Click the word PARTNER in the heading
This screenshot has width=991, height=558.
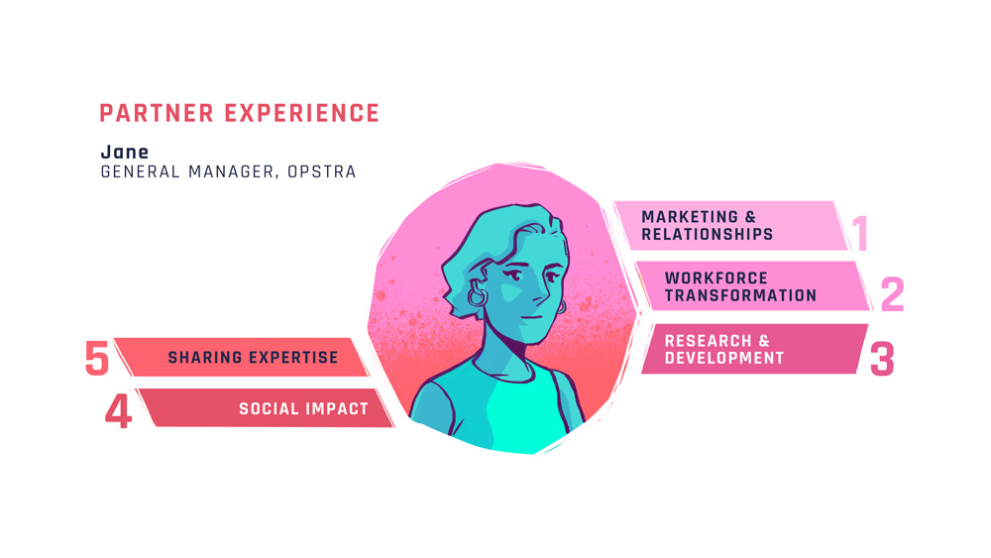(157, 114)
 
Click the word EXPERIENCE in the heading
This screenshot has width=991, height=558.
(302, 114)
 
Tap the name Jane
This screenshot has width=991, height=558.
(125, 152)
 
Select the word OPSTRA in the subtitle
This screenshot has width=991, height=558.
(322, 171)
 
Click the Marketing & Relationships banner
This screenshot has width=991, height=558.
(730, 226)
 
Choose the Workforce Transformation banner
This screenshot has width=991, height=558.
(752, 286)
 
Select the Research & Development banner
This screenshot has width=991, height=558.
(754, 349)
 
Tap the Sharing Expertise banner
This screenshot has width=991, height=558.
(242, 357)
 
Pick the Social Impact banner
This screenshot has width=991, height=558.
(266, 408)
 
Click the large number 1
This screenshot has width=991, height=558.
(859, 233)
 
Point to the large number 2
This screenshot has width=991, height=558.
(893, 294)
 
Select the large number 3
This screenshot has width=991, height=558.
(882, 359)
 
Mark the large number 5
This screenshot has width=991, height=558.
(97, 359)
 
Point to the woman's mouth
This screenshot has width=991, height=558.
(532, 316)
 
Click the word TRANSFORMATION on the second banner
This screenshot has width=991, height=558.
(740, 295)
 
